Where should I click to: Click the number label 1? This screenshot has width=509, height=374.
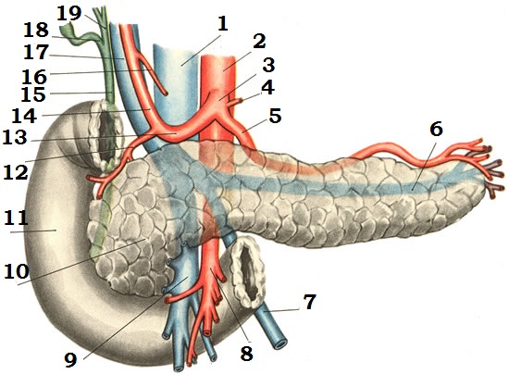tap(223, 24)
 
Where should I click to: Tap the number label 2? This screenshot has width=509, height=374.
tap(259, 42)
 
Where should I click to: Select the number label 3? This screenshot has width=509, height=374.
tap(268, 65)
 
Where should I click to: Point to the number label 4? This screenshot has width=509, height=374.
tap(268, 87)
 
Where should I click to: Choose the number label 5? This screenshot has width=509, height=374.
tap(275, 116)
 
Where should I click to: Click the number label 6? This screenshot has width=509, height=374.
tap(436, 130)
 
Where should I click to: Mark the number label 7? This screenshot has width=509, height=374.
tap(309, 302)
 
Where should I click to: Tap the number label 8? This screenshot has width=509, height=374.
tap(247, 354)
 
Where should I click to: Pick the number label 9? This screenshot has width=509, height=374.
tap(70, 360)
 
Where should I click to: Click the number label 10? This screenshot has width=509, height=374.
tap(17, 271)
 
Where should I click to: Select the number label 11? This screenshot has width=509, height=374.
tap(16, 218)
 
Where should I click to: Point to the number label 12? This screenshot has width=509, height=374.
tap(16, 172)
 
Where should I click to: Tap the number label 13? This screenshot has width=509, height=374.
tap(15, 138)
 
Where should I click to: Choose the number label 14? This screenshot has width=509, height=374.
tap(24, 116)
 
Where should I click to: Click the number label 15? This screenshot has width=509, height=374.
tap(33, 94)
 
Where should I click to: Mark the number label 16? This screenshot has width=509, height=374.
tap(34, 77)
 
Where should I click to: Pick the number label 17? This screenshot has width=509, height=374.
tap(36, 52)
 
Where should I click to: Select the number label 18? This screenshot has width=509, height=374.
tap(36, 31)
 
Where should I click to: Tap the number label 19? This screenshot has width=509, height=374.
tap(68, 13)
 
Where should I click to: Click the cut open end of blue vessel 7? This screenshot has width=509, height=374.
tap(279, 343)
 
